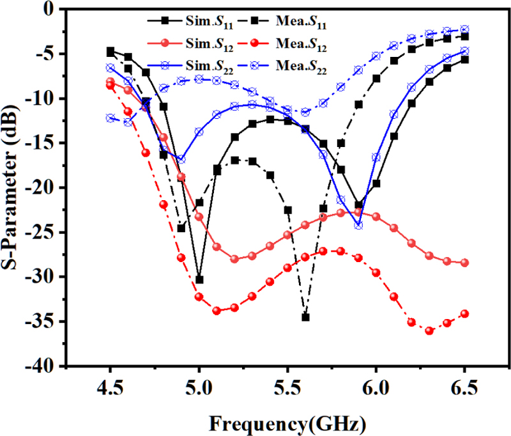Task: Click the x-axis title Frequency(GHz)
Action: [287, 422]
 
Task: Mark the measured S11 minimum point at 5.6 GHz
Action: [305, 317]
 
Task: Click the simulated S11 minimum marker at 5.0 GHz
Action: [199, 279]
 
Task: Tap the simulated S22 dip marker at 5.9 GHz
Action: [358, 225]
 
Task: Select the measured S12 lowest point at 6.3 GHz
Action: [429, 331]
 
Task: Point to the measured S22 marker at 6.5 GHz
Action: [464, 29]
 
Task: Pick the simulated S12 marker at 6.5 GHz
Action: [464, 263]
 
